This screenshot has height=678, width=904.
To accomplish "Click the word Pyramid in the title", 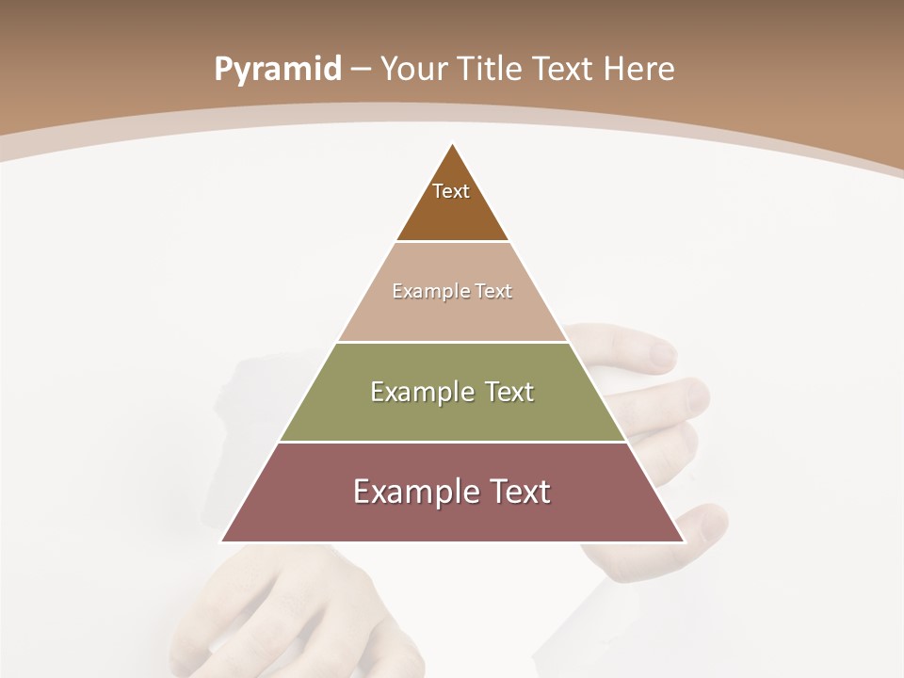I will coord(277,69).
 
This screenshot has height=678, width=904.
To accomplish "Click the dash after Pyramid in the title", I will coord(360,70).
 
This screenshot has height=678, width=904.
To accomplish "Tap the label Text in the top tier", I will coord(451,191).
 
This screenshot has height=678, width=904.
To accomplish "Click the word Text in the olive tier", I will coord(505,392).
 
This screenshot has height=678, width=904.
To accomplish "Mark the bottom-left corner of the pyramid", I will coord(222,541).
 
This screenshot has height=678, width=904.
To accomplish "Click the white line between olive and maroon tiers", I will coord(452,442).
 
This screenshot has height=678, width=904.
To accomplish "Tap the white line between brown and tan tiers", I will coord(452,242).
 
